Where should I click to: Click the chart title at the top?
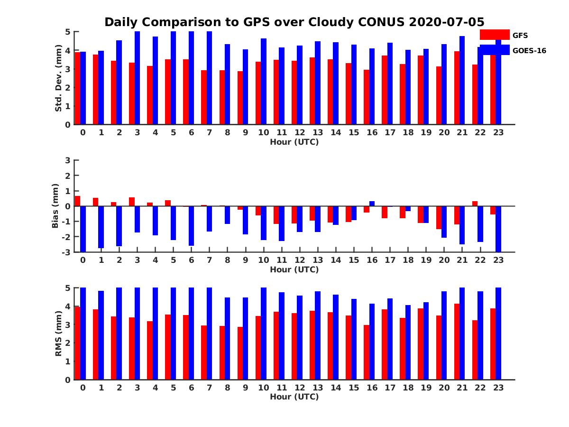click(294, 22)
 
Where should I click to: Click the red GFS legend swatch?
click(494, 35)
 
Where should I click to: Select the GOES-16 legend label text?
click(529, 51)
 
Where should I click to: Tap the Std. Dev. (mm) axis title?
click(58, 78)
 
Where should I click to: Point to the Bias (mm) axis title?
click(55, 206)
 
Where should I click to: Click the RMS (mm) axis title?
click(58, 334)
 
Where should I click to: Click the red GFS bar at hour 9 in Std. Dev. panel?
click(240, 98)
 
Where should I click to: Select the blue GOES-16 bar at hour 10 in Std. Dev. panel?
click(264, 82)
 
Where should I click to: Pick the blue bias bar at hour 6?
click(192, 226)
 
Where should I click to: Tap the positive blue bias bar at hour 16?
click(372, 204)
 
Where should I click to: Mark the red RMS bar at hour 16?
click(367, 352)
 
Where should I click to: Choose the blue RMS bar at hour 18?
click(408, 342)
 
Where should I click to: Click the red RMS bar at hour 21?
click(457, 342)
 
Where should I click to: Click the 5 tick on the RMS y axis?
click(68, 288)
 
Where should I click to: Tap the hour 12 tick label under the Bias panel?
click(300, 260)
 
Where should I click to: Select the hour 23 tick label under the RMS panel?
click(498, 387)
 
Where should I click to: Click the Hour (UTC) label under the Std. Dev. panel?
click(294, 142)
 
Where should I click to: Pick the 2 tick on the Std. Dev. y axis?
click(68, 88)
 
